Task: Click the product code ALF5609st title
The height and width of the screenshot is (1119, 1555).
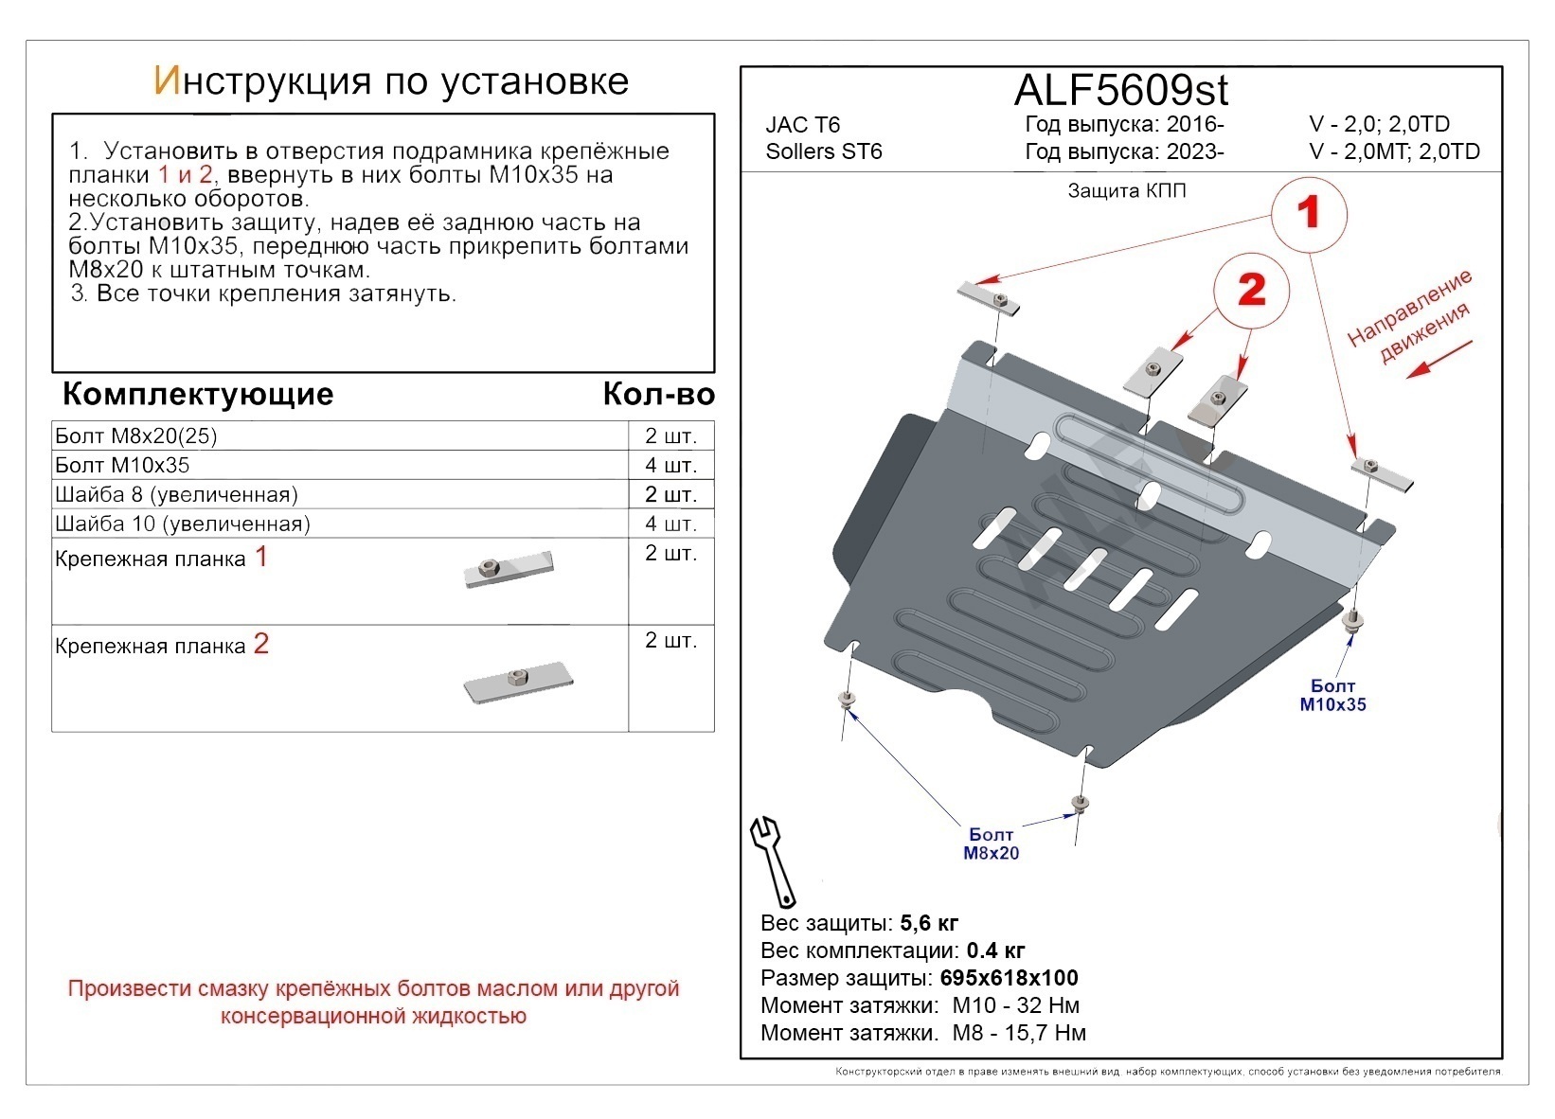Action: [x=1120, y=91]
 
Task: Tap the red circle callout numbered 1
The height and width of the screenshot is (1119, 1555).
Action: [x=1308, y=213]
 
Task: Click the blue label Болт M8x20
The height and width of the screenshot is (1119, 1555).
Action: [x=991, y=844]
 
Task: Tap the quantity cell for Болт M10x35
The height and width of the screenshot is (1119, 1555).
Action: [x=670, y=466]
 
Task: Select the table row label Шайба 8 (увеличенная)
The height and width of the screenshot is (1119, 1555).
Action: [x=176, y=495]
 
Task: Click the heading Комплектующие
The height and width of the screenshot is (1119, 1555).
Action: [x=198, y=394]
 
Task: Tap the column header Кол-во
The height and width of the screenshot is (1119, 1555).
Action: [x=658, y=394]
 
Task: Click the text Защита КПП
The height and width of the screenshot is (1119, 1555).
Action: [x=1126, y=191]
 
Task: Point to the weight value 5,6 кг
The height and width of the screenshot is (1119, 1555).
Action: [x=929, y=923]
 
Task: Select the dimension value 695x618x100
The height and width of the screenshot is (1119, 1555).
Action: [x=1009, y=978]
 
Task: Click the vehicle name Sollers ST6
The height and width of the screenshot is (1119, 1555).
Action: [x=823, y=151]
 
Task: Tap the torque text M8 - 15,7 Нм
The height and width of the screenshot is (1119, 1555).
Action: [x=1018, y=1033]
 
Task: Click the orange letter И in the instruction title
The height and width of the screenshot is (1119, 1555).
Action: [x=165, y=81]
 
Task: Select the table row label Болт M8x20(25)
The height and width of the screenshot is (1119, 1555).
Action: [x=136, y=436]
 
